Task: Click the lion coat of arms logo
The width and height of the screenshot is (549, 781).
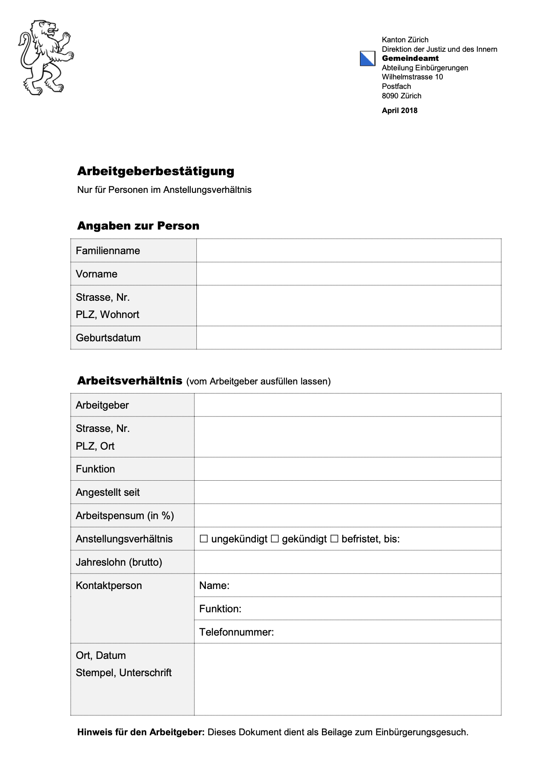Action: coord(45,57)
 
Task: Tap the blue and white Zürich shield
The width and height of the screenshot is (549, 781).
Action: coord(367,59)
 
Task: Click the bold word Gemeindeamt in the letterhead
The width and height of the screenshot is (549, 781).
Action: coord(410,58)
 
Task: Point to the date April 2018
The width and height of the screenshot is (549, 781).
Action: coord(399,110)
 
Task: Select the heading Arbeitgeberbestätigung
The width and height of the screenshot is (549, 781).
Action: coord(155,171)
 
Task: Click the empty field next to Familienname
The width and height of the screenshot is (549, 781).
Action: coord(348,251)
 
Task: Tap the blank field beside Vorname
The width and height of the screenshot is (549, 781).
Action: coord(348,274)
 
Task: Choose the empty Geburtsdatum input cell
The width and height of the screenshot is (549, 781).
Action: coord(348,338)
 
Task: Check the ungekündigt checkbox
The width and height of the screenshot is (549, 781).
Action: coord(204,539)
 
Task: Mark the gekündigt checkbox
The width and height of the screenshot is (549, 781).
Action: coord(274,539)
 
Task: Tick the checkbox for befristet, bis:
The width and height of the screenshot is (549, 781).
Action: coord(334,539)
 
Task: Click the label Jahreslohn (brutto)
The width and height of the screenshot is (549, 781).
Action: coord(119,562)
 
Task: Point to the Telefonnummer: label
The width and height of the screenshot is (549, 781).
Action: coord(237,632)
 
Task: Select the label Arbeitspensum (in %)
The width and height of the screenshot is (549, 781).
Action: coord(125,516)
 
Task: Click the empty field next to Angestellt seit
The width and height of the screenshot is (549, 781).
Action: coord(347,492)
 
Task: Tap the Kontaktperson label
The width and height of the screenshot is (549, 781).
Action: coord(109,586)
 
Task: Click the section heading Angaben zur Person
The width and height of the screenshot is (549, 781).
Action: coord(138,226)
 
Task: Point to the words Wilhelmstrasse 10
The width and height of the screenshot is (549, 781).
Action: coord(412,77)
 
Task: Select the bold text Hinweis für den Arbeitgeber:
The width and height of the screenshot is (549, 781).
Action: coord(141,732)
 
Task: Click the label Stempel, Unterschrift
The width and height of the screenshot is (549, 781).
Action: coord(123,673)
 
